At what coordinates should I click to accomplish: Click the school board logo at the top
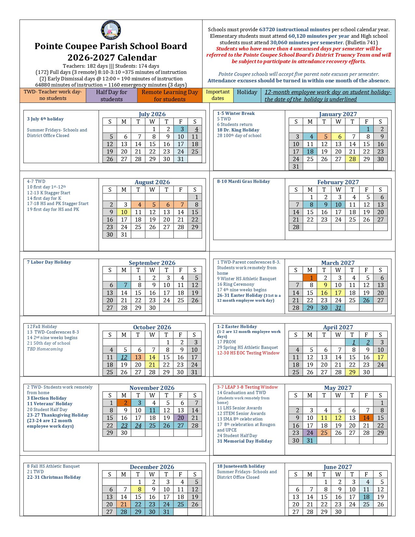(111, 30)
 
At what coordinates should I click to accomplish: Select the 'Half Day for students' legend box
(112, 96)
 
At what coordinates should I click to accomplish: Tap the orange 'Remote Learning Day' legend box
(170, 96)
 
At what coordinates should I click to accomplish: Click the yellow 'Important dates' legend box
(218, 95)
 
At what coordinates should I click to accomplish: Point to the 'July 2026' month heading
(152, 114)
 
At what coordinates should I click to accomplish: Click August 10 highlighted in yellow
(124, 212)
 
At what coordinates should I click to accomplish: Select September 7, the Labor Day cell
(124, 285)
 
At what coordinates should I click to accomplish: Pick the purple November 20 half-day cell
(181, 418)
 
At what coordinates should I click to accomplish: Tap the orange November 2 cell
(124, 403)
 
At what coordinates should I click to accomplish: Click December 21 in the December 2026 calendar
(124, 504)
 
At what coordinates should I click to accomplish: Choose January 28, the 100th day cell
(353, 159)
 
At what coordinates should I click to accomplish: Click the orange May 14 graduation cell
(367, 418)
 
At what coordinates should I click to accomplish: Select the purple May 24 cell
(310, 433)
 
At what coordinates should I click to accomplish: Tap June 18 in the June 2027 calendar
(367, 497)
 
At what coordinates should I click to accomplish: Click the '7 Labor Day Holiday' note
(49, 262)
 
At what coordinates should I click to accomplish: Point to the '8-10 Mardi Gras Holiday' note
(243, 182)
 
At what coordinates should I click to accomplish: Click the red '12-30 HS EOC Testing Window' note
(248, 353)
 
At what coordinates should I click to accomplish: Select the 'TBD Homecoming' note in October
(45, 349)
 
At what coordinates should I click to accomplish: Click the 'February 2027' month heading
(338, 182)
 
